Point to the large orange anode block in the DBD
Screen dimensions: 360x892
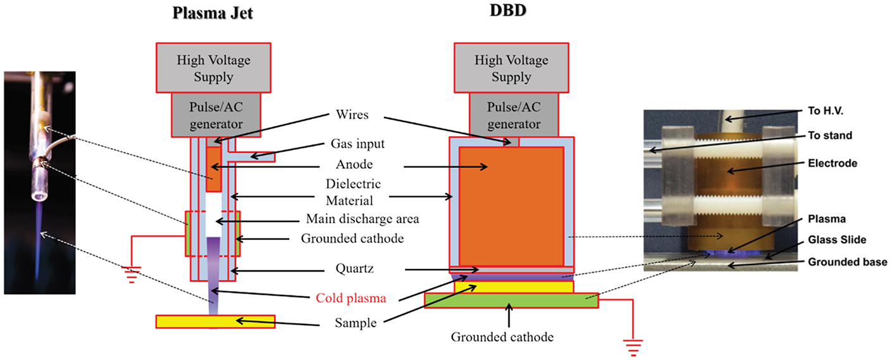(x=511, y=206)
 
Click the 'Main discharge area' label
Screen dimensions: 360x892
(x=363, y=220)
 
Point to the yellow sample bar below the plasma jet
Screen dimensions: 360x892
(x=215, y=321)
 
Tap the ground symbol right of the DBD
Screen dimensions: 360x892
(x=633, y=347)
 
